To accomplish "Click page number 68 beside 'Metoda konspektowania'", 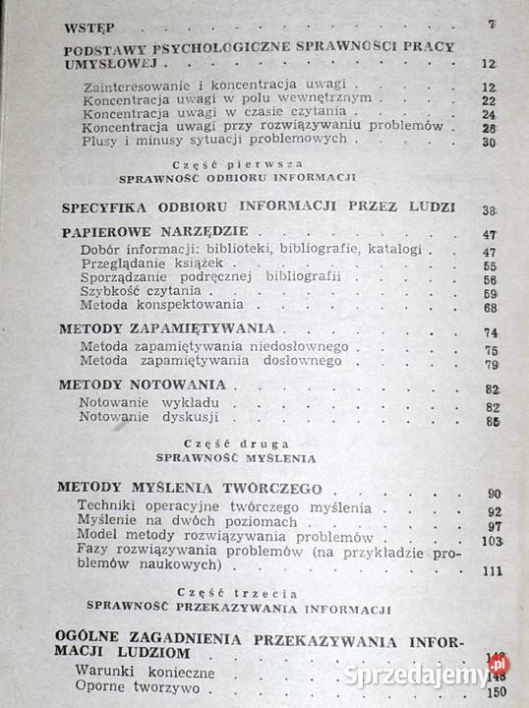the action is (491, 307).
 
